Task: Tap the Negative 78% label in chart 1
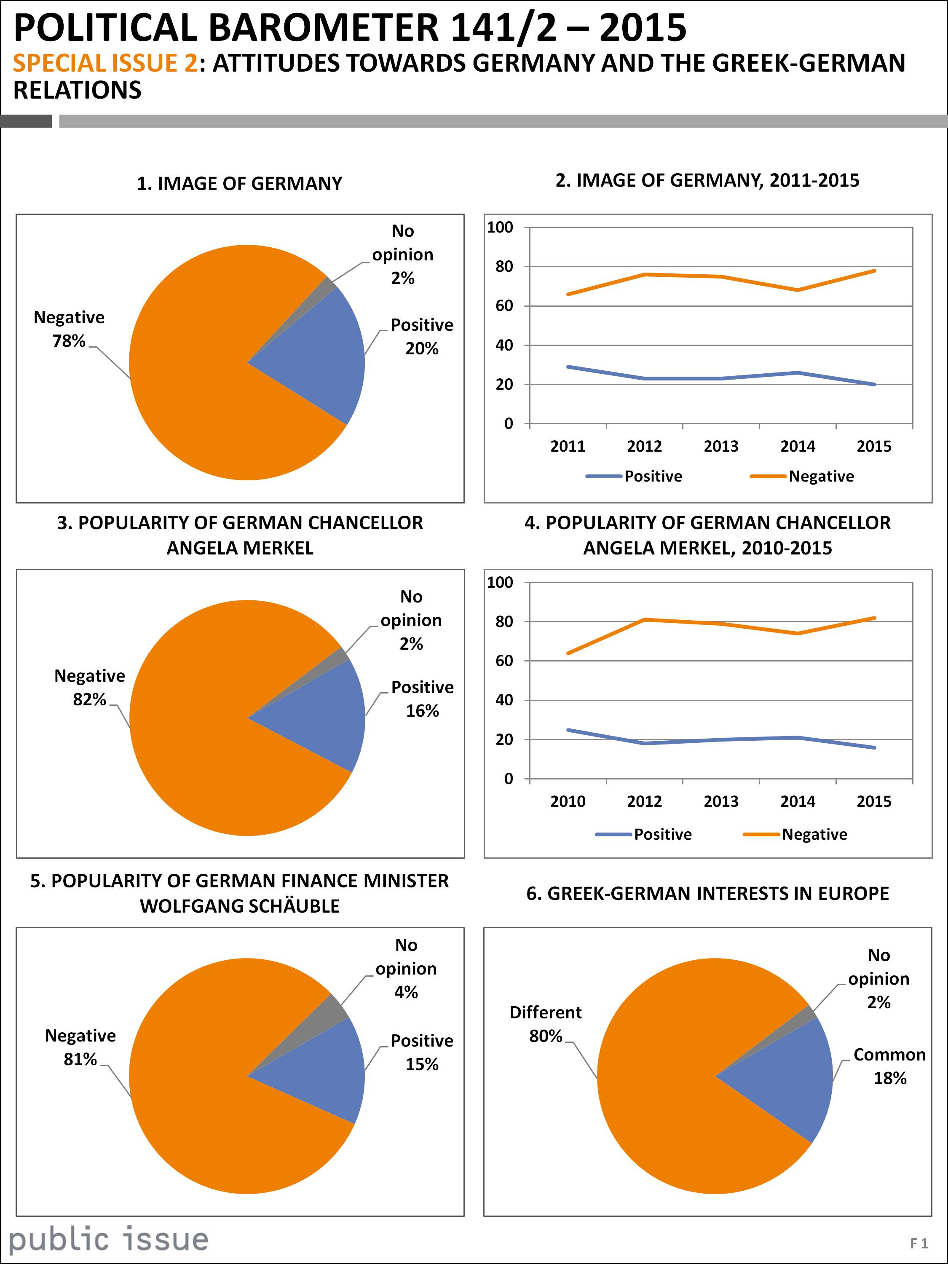(x=69, y=329)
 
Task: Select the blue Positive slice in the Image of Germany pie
(x=320, y=357)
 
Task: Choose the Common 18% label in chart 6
(x=889, y=1066)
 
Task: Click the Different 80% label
(x=545, y=1024)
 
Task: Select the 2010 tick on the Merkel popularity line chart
(x=568, y=801)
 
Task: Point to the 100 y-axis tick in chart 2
(x=501, y=228)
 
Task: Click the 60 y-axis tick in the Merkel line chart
(x=504, y=661)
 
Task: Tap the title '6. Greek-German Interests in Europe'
(x=707, y=894)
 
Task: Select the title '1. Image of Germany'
(x=239, y=184)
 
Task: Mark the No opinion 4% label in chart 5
(x=406, y=969)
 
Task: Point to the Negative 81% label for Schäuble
(x=80, y=1047)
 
